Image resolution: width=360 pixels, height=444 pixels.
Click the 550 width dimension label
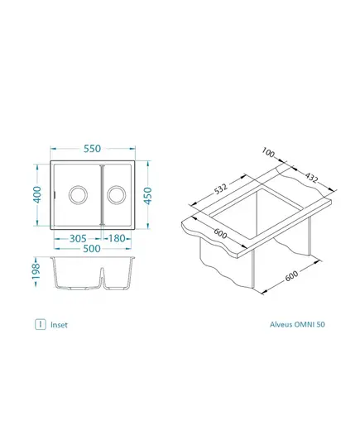click(92, 148)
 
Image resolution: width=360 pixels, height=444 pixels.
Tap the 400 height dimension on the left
click(37, 194)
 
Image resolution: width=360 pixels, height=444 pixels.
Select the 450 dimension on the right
click(147, 195)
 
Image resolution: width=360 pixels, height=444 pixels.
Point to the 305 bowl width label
click(78, 238)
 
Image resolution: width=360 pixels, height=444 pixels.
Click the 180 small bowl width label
click(117, 238)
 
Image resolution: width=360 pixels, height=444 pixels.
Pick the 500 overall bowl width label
click(92, 249)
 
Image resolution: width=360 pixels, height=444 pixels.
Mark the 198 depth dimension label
click(36, 271)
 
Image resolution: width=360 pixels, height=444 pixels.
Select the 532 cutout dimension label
click(221, 189)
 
